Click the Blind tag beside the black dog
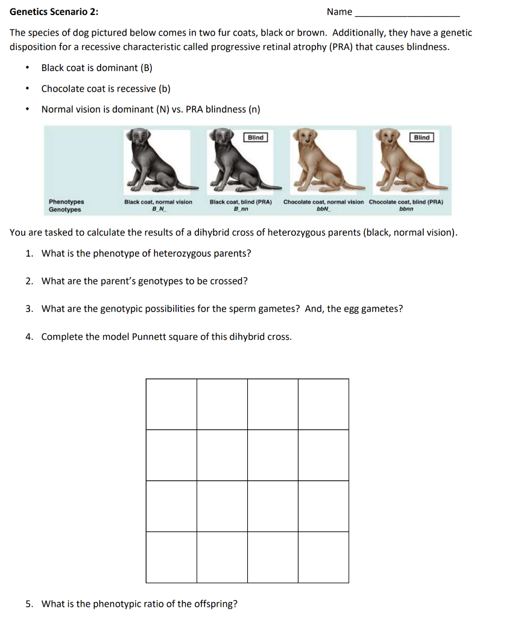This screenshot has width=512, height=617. click(x=256, y=137)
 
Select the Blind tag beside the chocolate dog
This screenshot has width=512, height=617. click(x=422, y=137)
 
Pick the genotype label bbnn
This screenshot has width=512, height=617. click(x=406, y=210)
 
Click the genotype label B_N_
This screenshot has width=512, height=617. click(x=158, y=210)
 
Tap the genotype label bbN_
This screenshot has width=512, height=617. click(x=323, y=210)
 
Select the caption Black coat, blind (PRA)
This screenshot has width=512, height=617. click(x=241, y=202)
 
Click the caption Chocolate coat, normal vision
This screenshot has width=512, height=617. click(x=323, y=202)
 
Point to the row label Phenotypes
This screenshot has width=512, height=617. click(x=66, y=202)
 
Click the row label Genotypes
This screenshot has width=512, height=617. click(x=65, y=210)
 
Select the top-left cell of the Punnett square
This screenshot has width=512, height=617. click(x=171, y=404)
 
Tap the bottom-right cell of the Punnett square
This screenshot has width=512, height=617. click(x=323, y=557)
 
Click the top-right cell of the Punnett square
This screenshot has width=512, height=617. click(x=323, y=404)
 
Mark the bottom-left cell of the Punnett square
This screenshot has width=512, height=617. click(x=171, y=557)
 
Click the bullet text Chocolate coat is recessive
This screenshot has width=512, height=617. click(x=106, y=89)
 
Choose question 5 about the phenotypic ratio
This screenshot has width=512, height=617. click(x=139, y=604)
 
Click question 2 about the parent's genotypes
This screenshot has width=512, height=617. click(x=144, y=281)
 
